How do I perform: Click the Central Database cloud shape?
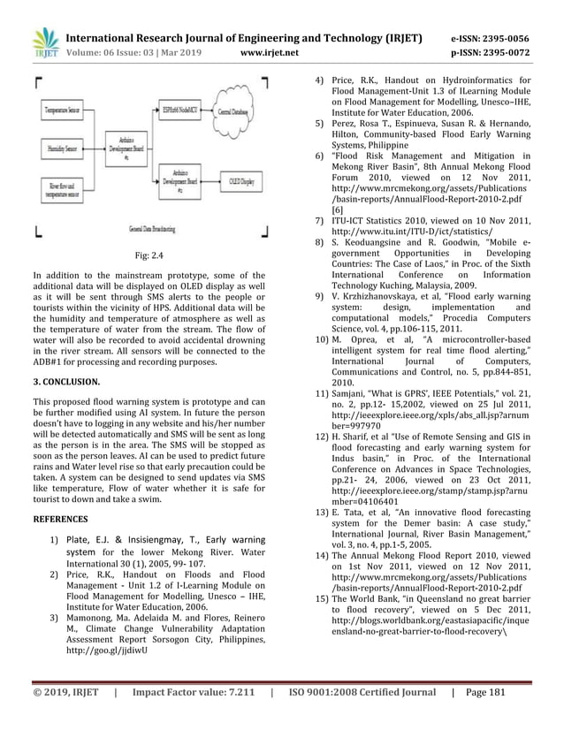coord(232,113)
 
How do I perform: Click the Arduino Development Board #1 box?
coord(126,149)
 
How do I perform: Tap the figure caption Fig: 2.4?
coord(151,256)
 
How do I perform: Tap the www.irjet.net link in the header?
coord(270,51)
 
